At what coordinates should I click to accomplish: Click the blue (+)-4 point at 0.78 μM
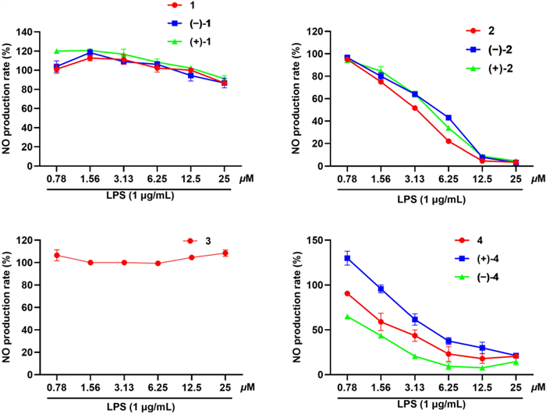348,258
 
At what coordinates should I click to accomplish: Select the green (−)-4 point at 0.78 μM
348,317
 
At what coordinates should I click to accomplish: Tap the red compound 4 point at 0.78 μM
348,293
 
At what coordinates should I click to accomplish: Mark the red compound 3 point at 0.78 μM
56,256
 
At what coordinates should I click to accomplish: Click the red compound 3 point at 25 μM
225,253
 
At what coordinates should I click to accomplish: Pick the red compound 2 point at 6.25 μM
448,141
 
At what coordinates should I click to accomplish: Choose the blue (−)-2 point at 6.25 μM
448,118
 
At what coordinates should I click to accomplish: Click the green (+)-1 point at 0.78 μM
56,51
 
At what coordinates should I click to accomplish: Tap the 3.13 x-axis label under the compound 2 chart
415,179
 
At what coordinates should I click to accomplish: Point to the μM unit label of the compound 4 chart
537,387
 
